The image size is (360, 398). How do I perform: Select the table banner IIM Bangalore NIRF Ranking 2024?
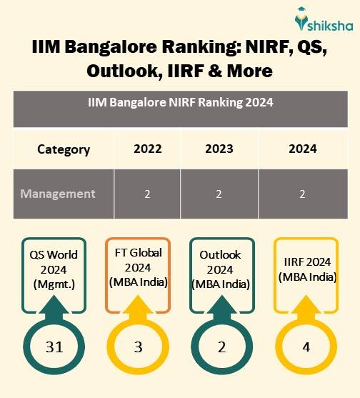(180, 102)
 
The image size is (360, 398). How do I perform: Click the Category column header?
(64, 149)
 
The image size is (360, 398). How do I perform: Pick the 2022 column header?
(147, 149)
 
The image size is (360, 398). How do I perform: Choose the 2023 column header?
(219, 149)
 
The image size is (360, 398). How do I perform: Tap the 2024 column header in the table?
(303, 149)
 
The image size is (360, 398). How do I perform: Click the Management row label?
(58, 194)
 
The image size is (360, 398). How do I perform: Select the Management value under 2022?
(147, 194)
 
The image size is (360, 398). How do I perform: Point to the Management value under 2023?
(219, 194)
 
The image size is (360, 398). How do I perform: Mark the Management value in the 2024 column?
(303, 194)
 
